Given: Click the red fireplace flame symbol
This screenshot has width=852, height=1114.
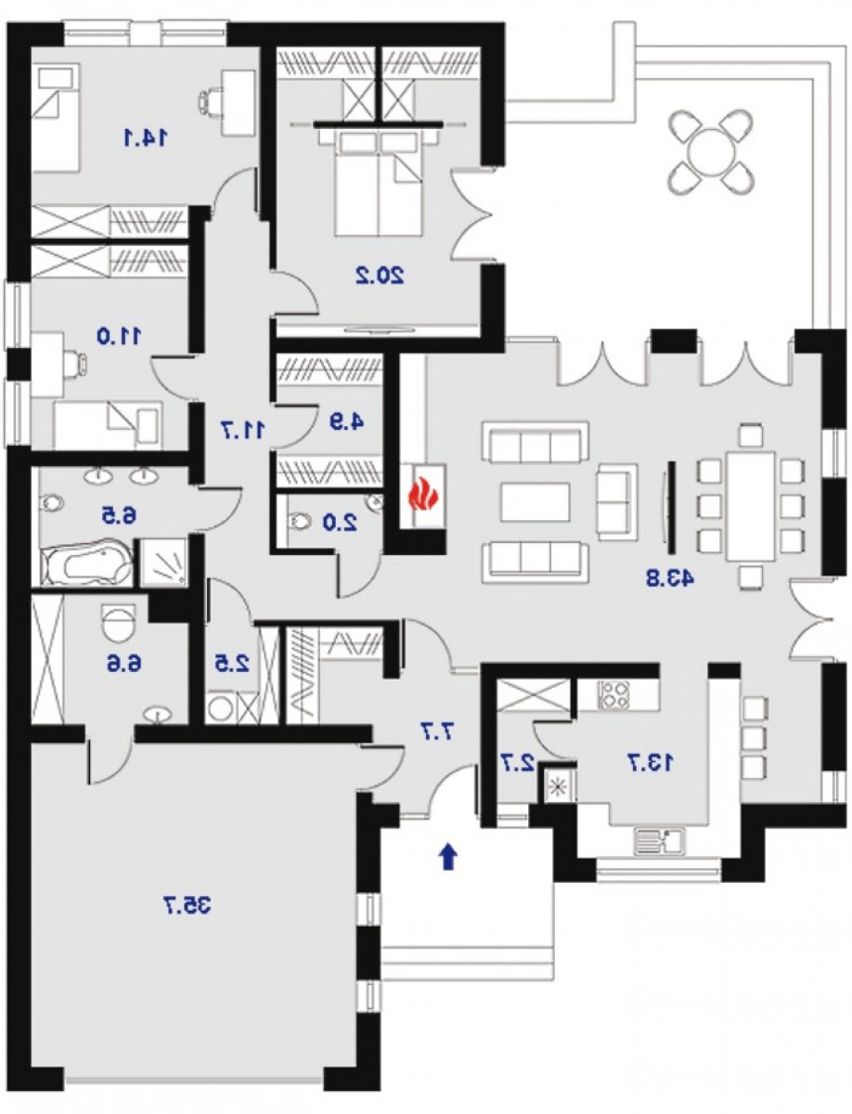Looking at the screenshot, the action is [423, 496].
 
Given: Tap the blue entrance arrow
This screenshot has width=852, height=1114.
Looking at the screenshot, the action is [448, 856].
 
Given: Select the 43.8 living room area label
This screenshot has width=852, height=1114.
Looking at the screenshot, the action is [670, 578].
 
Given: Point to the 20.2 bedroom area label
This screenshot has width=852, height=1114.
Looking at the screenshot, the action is [380, 276].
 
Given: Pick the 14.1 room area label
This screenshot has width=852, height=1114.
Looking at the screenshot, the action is [146, 137].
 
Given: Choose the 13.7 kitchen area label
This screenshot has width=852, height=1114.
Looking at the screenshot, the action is [651, 763].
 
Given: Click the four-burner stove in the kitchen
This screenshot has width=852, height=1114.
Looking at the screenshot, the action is [614, 694].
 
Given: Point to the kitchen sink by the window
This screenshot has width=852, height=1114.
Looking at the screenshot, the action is [658, 840].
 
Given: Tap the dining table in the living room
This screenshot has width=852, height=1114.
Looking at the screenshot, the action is [751, 506].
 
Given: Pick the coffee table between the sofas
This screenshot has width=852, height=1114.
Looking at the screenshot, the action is [536, 502].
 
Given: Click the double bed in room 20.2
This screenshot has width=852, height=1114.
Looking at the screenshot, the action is [379, 182].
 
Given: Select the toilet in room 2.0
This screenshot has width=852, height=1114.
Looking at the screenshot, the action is [302, 522].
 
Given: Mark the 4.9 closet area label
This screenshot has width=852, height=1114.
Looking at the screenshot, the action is [346, 421].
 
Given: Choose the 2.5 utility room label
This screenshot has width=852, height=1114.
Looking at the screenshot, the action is [232, 665].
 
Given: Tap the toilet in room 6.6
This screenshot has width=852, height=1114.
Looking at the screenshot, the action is [119, 621].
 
